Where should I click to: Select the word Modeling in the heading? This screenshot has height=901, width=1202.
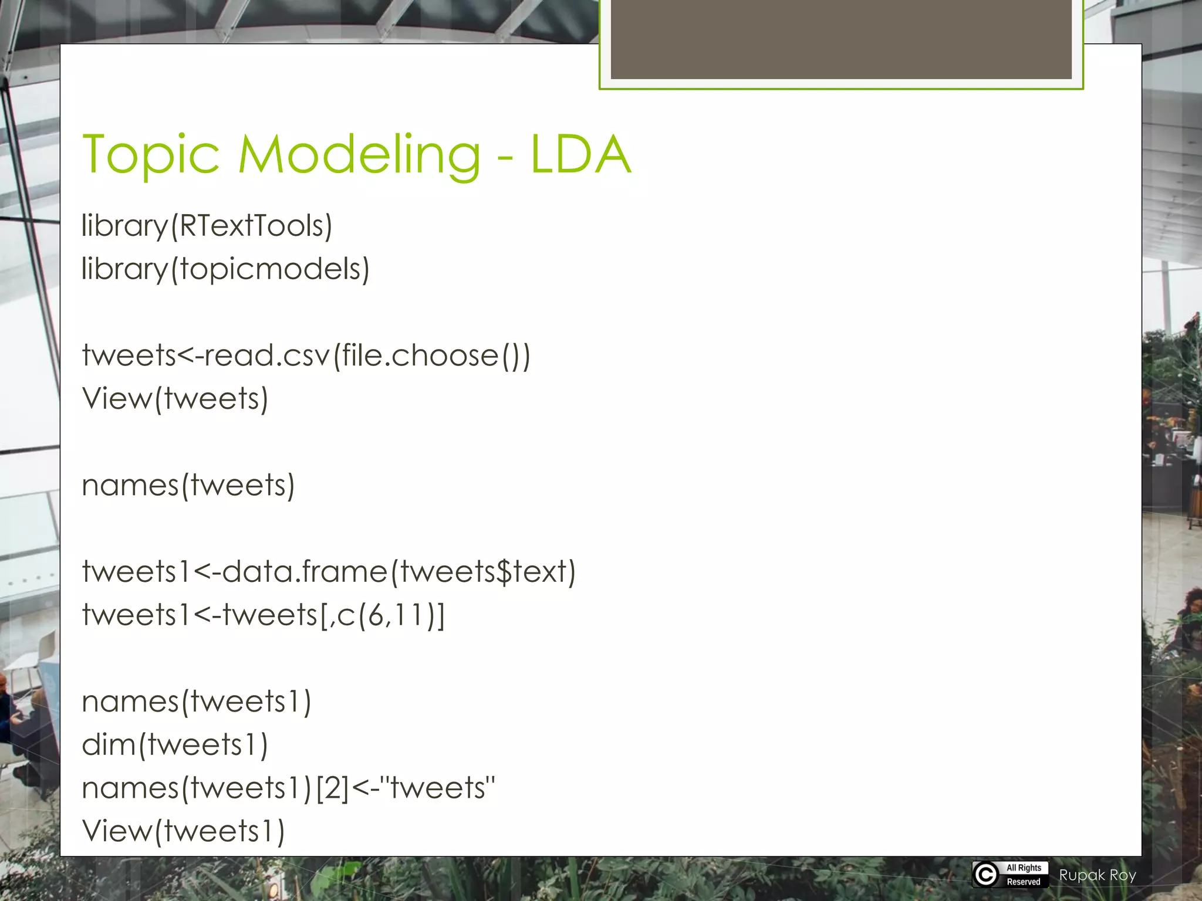point(359,155)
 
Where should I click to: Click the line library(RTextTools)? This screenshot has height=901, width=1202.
point(207,226)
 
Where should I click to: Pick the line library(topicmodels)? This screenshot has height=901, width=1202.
point(225,269)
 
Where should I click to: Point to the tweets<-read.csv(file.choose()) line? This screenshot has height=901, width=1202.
point(306,355)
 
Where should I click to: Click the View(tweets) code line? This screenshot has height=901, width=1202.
point(175,399)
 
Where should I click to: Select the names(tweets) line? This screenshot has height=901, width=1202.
point(188,486)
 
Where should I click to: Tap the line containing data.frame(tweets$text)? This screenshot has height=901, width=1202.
point(329,572)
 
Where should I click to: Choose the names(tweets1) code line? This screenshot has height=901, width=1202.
point(196,702)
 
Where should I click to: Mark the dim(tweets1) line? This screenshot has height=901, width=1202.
point(175,745)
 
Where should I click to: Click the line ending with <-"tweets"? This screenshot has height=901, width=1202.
point(288,788)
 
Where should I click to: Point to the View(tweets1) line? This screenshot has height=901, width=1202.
point(183,831)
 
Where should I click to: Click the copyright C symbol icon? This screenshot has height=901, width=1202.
point(986,875)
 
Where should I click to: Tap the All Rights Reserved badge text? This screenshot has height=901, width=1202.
point(1024,875)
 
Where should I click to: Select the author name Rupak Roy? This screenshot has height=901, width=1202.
point(1098,875)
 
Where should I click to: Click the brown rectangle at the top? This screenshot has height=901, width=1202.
point(840,39)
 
